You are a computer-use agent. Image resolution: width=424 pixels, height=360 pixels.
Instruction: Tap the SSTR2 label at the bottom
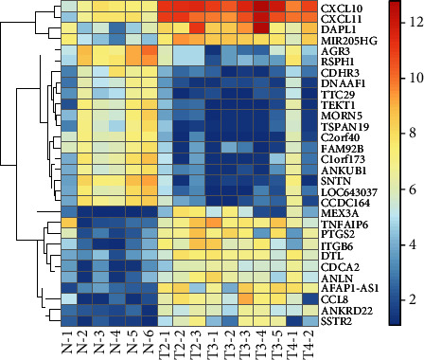[x=337, y=320]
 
